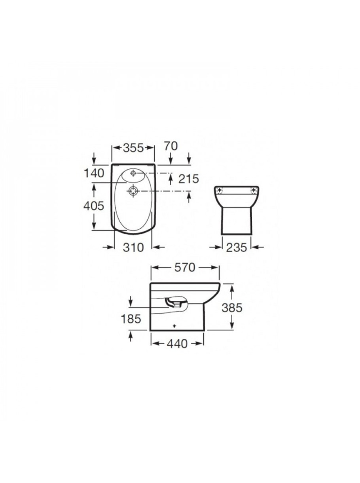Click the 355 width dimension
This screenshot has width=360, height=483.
[133, 148]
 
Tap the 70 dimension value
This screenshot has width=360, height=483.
[171, 146]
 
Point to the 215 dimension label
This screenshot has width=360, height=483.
[189, 179]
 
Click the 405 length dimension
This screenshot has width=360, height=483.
[94, 206]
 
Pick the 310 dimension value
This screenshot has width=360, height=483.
[133, 247]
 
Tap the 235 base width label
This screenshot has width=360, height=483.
[237, 248]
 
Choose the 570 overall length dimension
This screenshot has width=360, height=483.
[185, 268]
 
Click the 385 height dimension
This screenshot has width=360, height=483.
[232, 308]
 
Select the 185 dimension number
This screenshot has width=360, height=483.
[131, 319]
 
